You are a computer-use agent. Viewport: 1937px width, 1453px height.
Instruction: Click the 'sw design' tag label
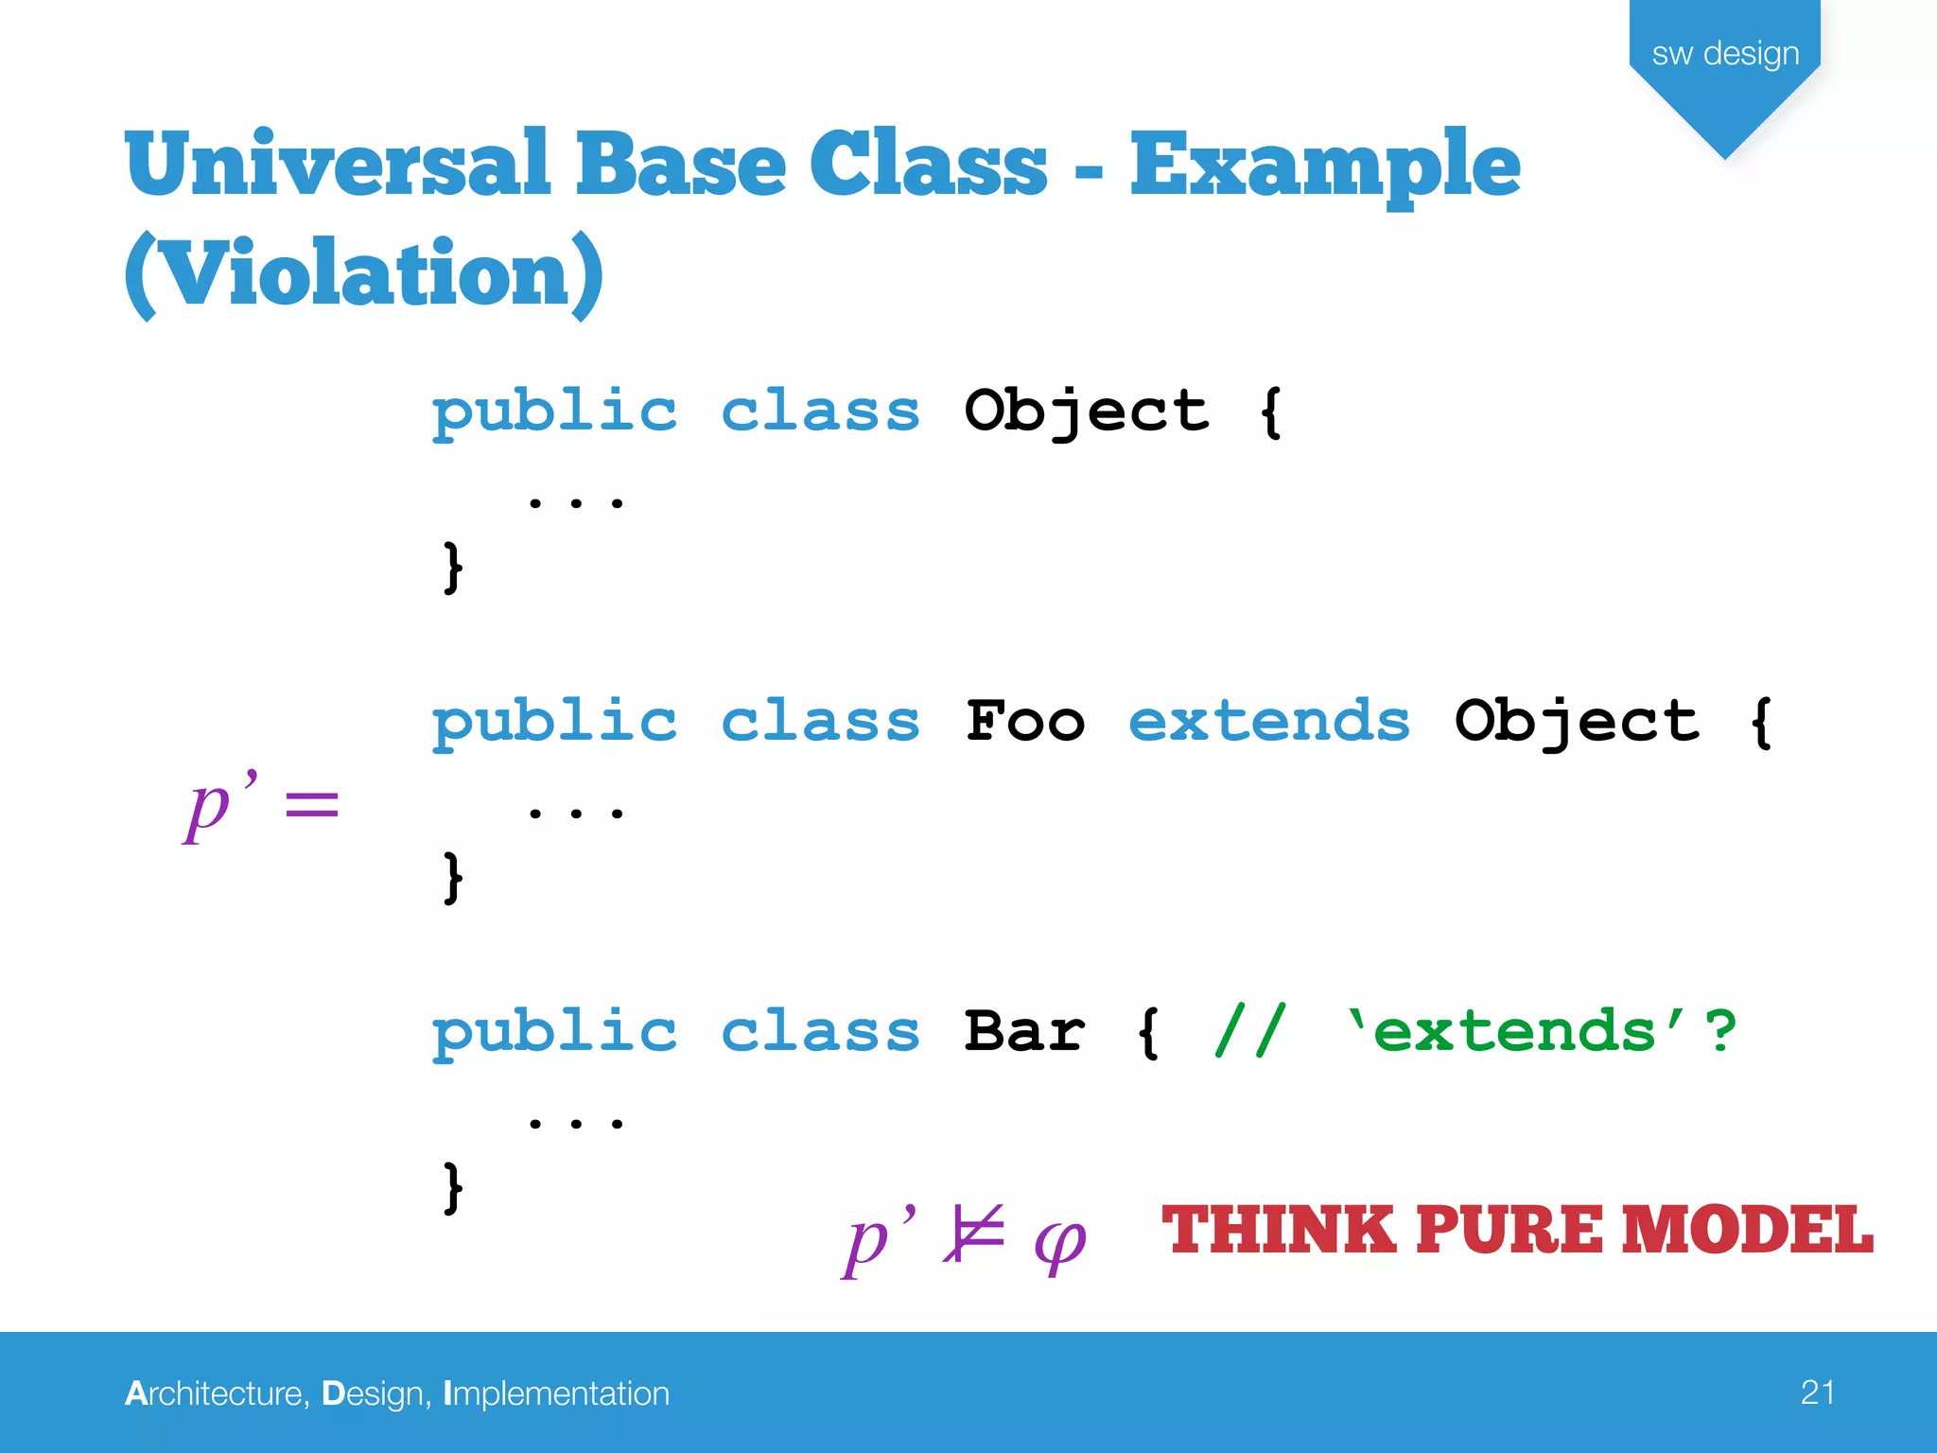point(1724,54)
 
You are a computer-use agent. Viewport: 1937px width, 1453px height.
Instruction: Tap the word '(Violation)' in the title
point(363,273)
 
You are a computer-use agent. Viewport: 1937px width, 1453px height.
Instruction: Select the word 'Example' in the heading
point(1324,166)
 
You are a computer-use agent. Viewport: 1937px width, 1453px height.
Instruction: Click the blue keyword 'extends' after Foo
point(1268,722)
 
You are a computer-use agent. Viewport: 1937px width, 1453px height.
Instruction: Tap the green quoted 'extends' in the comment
point(1514,1031)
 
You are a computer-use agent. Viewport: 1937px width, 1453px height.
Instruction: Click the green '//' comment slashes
point(1249,1031)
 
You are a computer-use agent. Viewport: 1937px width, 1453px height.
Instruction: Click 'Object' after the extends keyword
point(1576,722)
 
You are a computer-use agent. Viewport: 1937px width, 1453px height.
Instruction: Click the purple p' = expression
point(260,805)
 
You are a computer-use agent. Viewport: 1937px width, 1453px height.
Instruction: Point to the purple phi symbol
point(1059,1240)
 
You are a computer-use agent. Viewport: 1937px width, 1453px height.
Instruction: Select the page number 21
point(1817,1392)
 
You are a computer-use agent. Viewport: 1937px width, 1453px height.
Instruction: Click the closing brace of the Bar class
point(453,1187)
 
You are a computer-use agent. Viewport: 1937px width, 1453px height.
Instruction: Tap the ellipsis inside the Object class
point(575,501)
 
